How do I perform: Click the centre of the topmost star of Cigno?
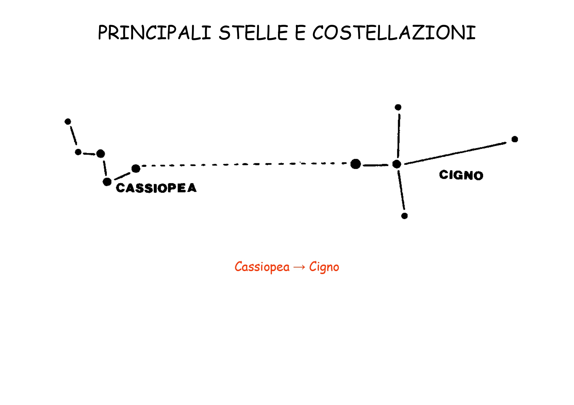click(398, 107)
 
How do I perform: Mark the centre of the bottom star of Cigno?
click(405, 216)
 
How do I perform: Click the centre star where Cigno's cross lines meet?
click(397, 164)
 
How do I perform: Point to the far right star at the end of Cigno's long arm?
click(515, 139)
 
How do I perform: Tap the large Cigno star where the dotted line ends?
click(356, 164)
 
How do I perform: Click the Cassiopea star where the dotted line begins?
click(136, 169)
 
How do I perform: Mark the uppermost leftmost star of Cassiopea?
click(68, 122)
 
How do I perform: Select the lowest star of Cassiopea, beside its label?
click(107, 182)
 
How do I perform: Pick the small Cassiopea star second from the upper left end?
click(78, 152)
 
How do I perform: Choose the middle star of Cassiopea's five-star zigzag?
click(101, 154)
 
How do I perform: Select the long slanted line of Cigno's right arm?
click(455, 153)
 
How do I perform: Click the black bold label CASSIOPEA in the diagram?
click(156, 188)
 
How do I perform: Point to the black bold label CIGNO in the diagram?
click(461, 175)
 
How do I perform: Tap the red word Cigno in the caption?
click(324, 267)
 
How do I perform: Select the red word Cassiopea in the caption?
click(262, 267)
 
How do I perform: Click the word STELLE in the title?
click(253, 33)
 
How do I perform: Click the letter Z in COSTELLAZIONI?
click(419, 33)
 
